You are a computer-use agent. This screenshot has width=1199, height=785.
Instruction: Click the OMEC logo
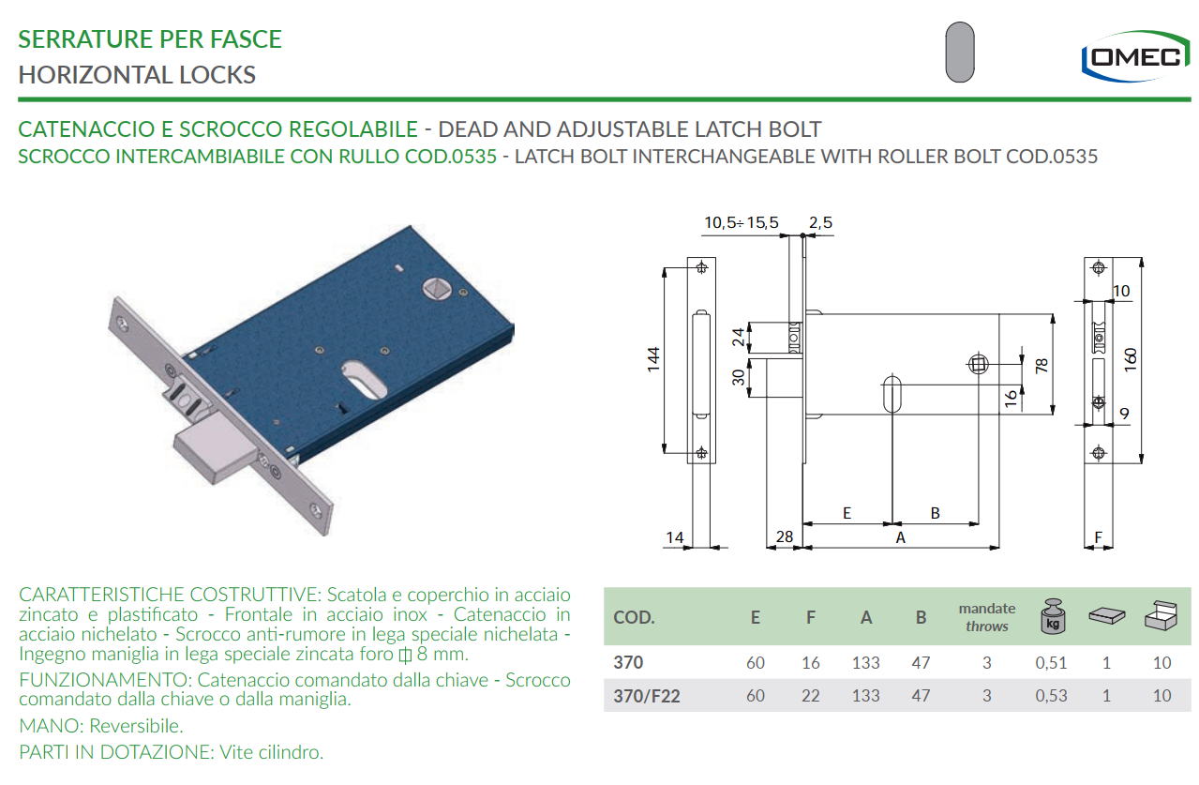point(1134,56)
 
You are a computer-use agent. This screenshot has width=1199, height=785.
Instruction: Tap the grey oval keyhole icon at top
point(960,52)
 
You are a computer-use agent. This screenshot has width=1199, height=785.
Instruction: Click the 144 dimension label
point(653,360)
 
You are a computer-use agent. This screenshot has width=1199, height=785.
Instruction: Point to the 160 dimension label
point(1130,360)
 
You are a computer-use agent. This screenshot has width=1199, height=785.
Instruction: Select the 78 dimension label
point(1042,367)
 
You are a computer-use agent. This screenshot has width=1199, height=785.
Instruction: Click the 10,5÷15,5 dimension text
point(741,223)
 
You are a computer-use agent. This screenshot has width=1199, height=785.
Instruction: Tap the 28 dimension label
point(784,536)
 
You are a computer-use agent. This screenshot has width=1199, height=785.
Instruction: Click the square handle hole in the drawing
point(979,364)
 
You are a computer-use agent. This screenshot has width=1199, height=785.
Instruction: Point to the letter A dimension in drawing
point(900,537)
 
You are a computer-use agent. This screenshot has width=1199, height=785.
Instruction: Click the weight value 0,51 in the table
point(1051,663)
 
